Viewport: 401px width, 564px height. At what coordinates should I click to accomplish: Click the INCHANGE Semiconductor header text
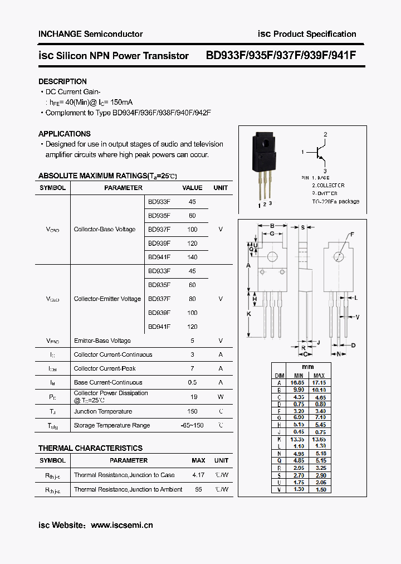[x=90, y=34]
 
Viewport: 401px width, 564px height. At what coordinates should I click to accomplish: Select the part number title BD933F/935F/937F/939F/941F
[x=281, y=56]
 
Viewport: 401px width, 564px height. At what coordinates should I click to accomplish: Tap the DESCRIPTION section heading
[x=62, y=81]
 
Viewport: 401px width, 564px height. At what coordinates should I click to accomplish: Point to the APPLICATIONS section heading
[x=64, y=134]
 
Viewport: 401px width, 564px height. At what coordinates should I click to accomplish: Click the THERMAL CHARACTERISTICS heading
[x=90, y=448]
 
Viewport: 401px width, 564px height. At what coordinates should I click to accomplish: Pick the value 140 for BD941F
[x=192, y=257]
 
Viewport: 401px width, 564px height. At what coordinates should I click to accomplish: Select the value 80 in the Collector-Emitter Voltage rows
[x=192, y=299]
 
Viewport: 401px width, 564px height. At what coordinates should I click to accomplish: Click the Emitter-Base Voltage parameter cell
[x=102, y=341]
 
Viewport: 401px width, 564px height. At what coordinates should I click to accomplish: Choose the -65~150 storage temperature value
[x=192, y=425]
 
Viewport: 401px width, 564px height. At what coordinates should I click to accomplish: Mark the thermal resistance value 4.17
[x=198, y=475]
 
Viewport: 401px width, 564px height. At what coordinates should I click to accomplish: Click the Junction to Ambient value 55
[x=198, y=489]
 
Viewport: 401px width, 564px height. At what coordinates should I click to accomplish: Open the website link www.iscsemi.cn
[x=121, y=525]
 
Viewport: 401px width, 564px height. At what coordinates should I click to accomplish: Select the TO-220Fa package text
[x=335, y=201]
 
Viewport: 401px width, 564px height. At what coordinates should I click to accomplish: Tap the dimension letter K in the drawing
[x=248, y=314]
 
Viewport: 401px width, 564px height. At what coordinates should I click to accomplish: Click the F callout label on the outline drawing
[x=352, y=235]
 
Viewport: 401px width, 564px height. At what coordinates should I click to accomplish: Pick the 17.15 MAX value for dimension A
[x=319, y=383]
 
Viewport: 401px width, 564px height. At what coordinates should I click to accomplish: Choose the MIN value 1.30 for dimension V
[x=297, y=489]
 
